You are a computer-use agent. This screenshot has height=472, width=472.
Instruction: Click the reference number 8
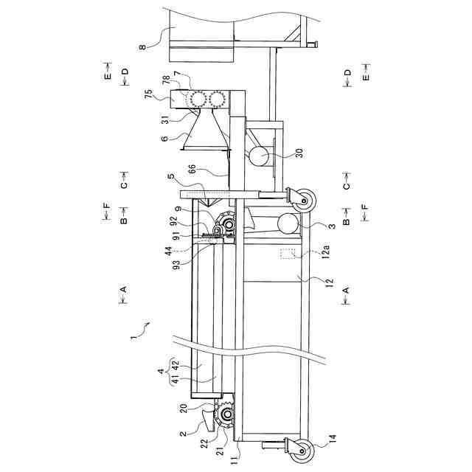click(142, 47)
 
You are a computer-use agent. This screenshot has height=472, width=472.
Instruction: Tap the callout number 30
click(300, 153)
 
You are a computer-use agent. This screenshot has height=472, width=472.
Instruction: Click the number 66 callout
click(192, 168)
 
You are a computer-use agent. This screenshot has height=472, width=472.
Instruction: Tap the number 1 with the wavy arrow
click(133, 338)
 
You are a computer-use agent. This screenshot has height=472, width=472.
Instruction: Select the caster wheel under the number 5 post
click(303, 201)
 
